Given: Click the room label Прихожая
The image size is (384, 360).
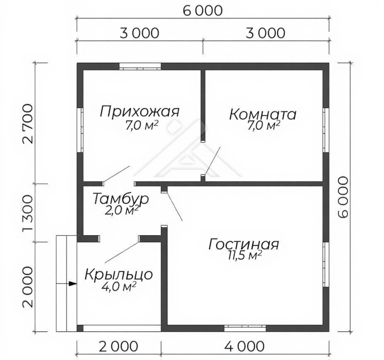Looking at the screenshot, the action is [x=140, y=112].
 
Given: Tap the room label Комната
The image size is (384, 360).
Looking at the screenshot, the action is [x=263, y=114].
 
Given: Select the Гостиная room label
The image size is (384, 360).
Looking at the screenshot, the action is [x=244, y=244].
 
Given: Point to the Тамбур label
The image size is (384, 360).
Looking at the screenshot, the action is [x=121, y=199].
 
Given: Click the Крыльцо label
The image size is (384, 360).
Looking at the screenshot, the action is [x=119, y=274].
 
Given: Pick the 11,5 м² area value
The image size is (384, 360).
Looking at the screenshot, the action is [x=245, y=255].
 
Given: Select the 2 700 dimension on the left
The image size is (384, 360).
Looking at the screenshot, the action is [x=27, y=124].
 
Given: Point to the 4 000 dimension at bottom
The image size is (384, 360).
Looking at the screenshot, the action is [x=245, y=346].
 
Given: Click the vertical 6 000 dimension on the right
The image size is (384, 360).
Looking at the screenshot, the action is [x=343, y=197].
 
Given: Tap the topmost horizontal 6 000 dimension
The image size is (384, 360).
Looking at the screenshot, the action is [x=203, y=11].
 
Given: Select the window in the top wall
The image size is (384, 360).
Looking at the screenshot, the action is [x=140, y=67].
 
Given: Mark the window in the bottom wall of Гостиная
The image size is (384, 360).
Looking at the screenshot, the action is [x=245, y=328].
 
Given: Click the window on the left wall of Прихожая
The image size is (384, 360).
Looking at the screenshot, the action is [x=80, y=130].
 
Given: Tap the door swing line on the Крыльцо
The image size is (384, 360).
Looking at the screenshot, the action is [x=122, y=252].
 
